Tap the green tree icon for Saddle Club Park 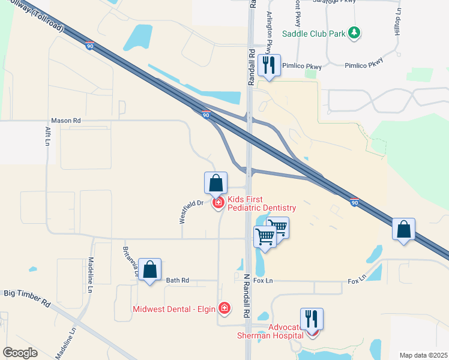[x=355, y=32]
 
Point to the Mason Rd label [x=65, y=121]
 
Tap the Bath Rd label [x=177, y=280]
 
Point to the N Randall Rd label [x=246, y=296]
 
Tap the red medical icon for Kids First [x=218, y=203]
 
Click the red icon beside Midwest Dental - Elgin [x=224, y=309]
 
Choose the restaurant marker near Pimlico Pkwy [x=269, y=65]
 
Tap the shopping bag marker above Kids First [x=216, y=183]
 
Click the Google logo [x=20, y=353]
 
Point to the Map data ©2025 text [x=423, y=355]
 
